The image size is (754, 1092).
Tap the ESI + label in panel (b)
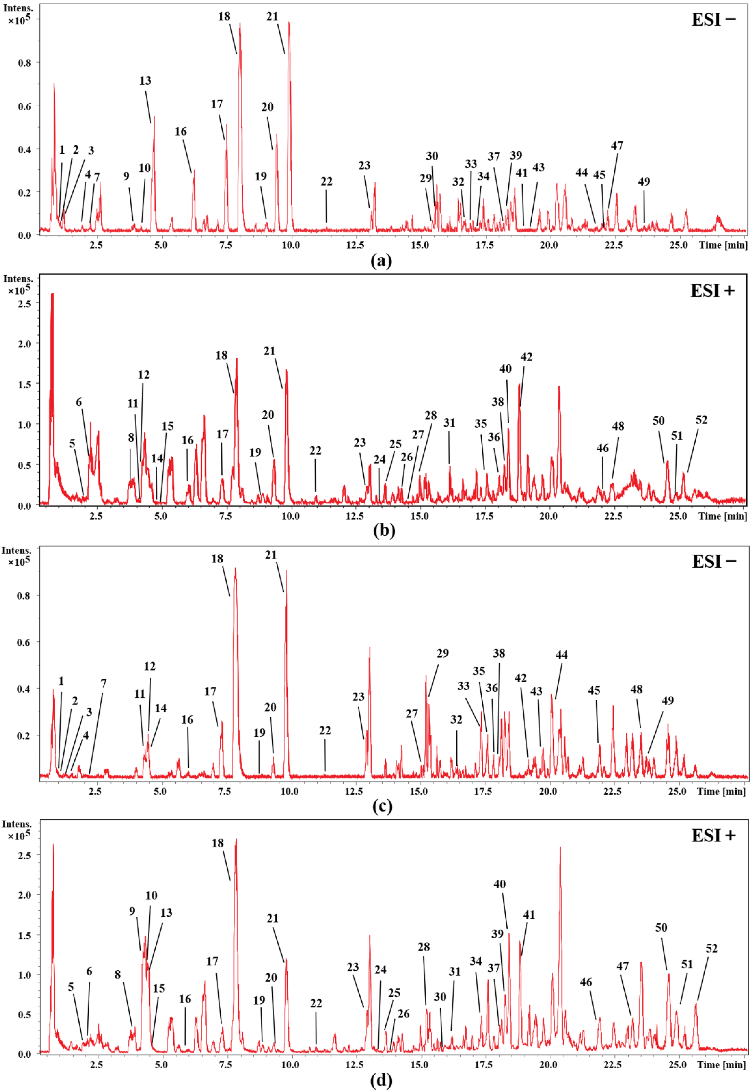pyautogui.click(x=713, y=291)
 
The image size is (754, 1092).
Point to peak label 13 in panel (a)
pyautogui.click(x=145, y=81)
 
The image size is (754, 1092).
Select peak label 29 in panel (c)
pyautogui.click(x=442, y=653)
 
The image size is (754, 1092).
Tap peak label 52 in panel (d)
pyautogui.click(x=712, y=948)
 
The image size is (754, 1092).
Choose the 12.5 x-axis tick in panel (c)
pyautogui.click(x=354, y=791)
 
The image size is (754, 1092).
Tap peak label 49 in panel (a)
pyautogui.click(x=644, y=181)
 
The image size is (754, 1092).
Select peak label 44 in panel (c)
pyautogui.click(x=561, y=654)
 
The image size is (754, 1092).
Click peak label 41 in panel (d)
pyautogui.click(x=529, y=915)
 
